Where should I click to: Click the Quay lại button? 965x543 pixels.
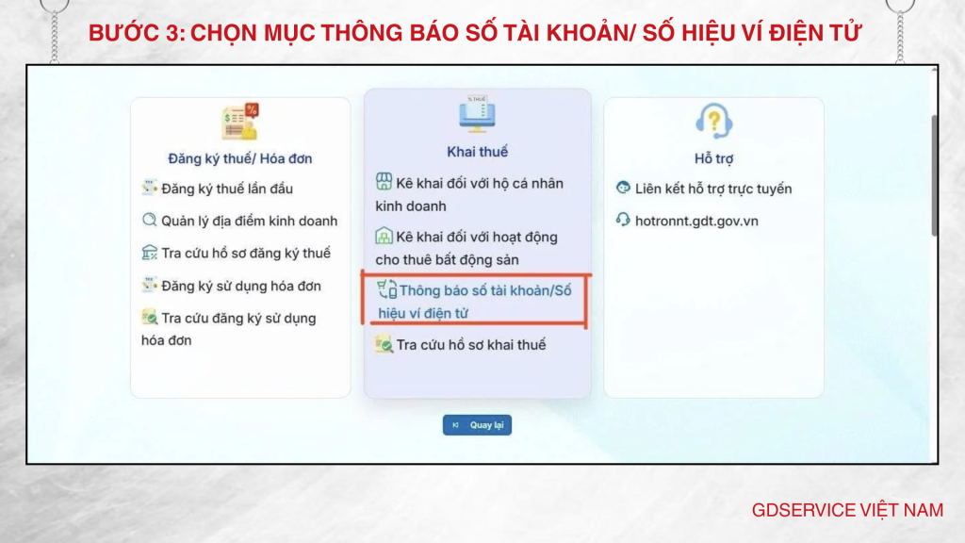click(x=477, y=425)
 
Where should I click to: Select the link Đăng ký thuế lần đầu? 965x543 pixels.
click(x=226, y=189)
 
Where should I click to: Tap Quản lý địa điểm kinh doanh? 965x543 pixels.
click(x=249, y=221)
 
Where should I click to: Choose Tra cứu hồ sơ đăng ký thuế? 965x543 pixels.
click(x=246, y=253)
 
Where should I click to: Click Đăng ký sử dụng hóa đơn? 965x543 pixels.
click(x=240, y=286)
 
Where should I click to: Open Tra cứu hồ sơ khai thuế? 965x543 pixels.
click(x=470, y=345)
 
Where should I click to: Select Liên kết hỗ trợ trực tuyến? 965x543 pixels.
click(x=712, y=189)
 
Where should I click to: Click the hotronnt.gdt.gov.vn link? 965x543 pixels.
click(x=696, y=221)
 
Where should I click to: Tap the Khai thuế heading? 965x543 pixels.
click(x=477, y=152)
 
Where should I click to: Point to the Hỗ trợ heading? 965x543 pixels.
click(x=713, y=158)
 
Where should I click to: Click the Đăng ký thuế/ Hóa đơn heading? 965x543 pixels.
click(x=239, y=158)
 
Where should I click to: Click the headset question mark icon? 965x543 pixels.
click(x=713, y=121)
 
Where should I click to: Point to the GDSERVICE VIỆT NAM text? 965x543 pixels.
click(x=847, y=510)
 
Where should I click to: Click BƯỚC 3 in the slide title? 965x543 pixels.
click(x=136, y=34)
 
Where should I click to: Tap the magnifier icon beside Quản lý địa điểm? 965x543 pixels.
click(x=149, y=221)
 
